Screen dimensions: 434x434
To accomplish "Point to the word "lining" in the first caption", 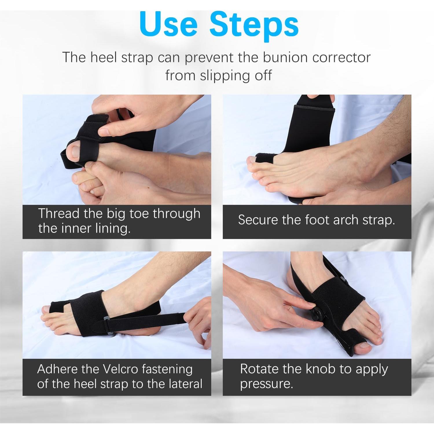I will click(113, 229).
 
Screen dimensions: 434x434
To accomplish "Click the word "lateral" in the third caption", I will click(185, 384).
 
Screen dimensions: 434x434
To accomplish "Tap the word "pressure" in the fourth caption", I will click(266, 384).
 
